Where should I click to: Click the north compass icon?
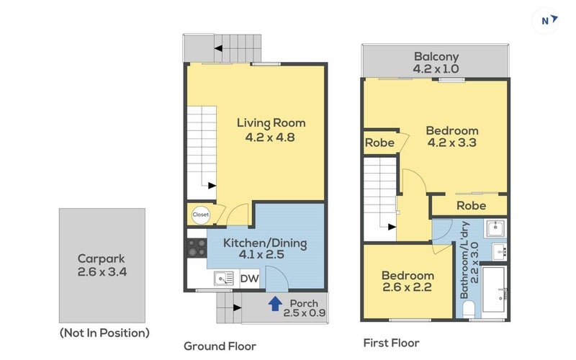[x=546, y=21]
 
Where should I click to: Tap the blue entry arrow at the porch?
[x=275, y=304]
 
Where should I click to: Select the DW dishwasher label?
[x=249, y=279]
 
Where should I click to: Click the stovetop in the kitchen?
[x=197, y=248]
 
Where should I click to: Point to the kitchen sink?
[x=224, y=279]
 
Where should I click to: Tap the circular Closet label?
[x=201, y=215]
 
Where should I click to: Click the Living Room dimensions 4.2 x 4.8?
[x=270, y=138]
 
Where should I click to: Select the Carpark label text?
[x=102, y=258]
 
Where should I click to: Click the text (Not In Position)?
[x=104, y=333]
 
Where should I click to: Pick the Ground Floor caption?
[x=220, y=346]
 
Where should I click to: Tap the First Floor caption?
[x=391, y=343]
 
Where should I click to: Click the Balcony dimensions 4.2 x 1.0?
[x=436, y=68]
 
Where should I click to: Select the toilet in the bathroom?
[x=469, y=310]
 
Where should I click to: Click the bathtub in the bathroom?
[x=494, y=289]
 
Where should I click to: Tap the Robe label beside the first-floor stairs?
[x=380, y=143]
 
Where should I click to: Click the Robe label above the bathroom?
[x=472, y=205]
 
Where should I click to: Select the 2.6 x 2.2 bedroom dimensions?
[x=407, y=287]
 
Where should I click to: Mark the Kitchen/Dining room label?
[x=265, y=243]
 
